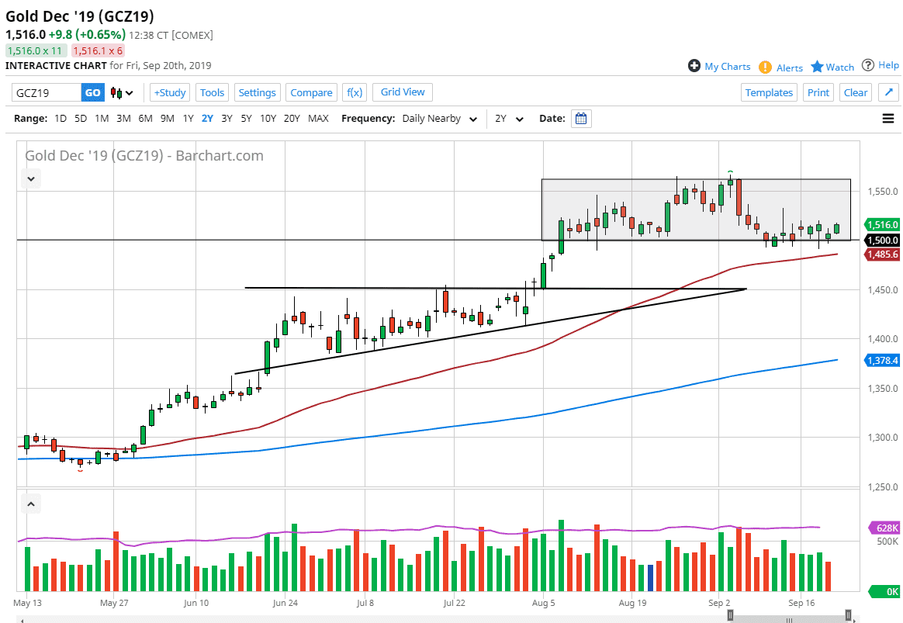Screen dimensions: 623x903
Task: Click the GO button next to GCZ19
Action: pyautogui.click(x=92, y=92)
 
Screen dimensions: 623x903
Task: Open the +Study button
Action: pyautogui.click(x=169, y=92)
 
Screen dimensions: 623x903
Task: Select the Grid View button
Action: pyautogui.click(x=403, y=92)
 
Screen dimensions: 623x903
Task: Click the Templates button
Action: pyautogui.click(x=769, y=92)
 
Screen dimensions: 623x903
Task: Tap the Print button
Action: pyautogui.click(x=818, y=92)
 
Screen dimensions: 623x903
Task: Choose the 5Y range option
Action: pyautogui.click(x=246, y=119)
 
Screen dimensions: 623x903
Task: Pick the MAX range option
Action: pyautogui.click(x=318, y=119)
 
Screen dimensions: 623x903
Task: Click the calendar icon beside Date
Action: pyautogui.click(x=581, y=119)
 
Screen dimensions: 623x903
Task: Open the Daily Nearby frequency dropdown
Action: pyautogui.click(x=439, y=119)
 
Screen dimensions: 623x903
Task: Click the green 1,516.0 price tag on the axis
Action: pyautogui.click(x=882, y=224)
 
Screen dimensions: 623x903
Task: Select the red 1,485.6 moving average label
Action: pyautogui.click(x=882, y=254)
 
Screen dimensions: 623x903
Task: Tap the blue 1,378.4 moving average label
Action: pyautogui.click(x=882, y=360)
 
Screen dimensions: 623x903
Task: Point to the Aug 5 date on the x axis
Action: pyautogui.click(x=544, y=602)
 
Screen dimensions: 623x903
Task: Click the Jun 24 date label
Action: pyautogui.click(x=285, y=602)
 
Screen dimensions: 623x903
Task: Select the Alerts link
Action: pyautogui.click(x=789, y=67)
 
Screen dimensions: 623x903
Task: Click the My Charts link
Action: pyautogui.click(x=727, y=67)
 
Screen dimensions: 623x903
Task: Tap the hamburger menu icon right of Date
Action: pyautogui.click(x=888, y=119)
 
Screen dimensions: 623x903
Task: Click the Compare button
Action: pyautogui.click(x=311, y=92)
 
